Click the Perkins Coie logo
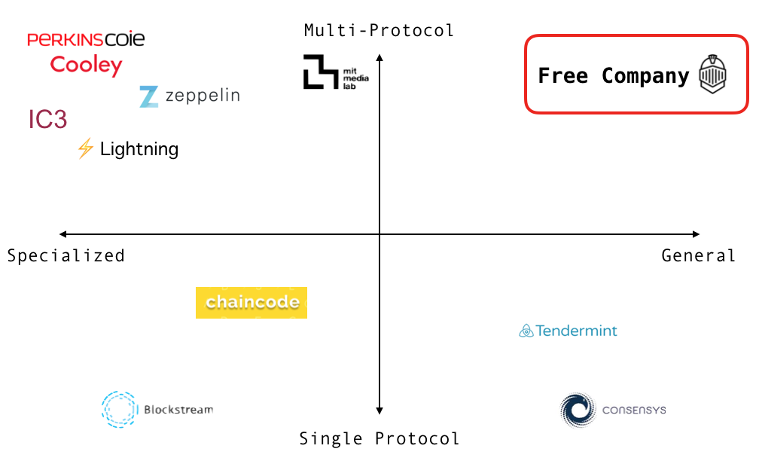pyautogui.click(x=86, y=38)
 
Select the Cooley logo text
pyautogui.click(x=86, y=66)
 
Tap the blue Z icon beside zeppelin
pyautogui.click(x=149, y=96)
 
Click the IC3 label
pyautogui.click(x=48, y=120)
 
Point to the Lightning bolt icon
pyautogui.click(x=85, y=148)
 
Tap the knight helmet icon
pyautogui.click(x=712, y=75)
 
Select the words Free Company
pyautogui.click(x=613, y=76)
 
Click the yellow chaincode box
pyautogui.click(x=251, y=303)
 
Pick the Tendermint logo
pyautogui.click(x=568, y=331)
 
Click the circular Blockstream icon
pyautogui.click(x=119, y=410)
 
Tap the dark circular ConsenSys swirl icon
pyautogui.click(x=578, y=411)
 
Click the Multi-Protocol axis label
pyautogui.click(x=379, y=31)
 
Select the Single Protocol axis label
pyautogui.click(x=379, y=438)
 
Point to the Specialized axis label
pyautogui.click(x=66, y=256)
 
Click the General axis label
pyautogui.click(x=698, y=256)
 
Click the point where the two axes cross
pyautogui.click(x=379, y=234)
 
